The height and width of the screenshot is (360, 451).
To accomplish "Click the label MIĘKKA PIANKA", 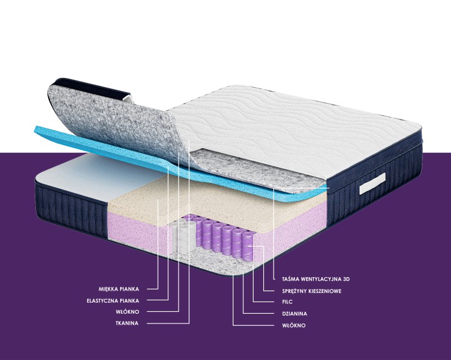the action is click(118, 289).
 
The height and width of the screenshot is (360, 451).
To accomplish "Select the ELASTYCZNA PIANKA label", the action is click(113, 301).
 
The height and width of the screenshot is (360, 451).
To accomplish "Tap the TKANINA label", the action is click(127, 323).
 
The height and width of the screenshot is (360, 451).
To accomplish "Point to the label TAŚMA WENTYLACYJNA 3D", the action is click(316, 279).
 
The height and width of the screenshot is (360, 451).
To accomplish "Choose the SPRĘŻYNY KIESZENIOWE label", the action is click(312, 291).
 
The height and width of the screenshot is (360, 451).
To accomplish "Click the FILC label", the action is click(287, 302).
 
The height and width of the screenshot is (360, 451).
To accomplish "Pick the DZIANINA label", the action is click(294, 314).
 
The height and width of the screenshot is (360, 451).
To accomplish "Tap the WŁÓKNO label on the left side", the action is click(127, 312).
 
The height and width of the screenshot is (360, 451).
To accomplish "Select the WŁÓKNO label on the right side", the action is click(294, 325).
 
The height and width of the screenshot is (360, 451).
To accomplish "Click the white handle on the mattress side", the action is click(372, 183).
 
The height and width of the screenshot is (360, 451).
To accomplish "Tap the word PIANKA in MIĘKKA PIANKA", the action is click(129, 289).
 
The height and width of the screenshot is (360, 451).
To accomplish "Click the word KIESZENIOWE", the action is click(325, 291).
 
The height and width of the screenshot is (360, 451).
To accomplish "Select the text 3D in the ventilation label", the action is click(346, 279).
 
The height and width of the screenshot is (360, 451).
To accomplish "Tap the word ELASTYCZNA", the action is click(101, 301).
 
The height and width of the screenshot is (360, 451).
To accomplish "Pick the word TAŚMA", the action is click(290, 279).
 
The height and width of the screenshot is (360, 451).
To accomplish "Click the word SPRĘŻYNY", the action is click(294, 291).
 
